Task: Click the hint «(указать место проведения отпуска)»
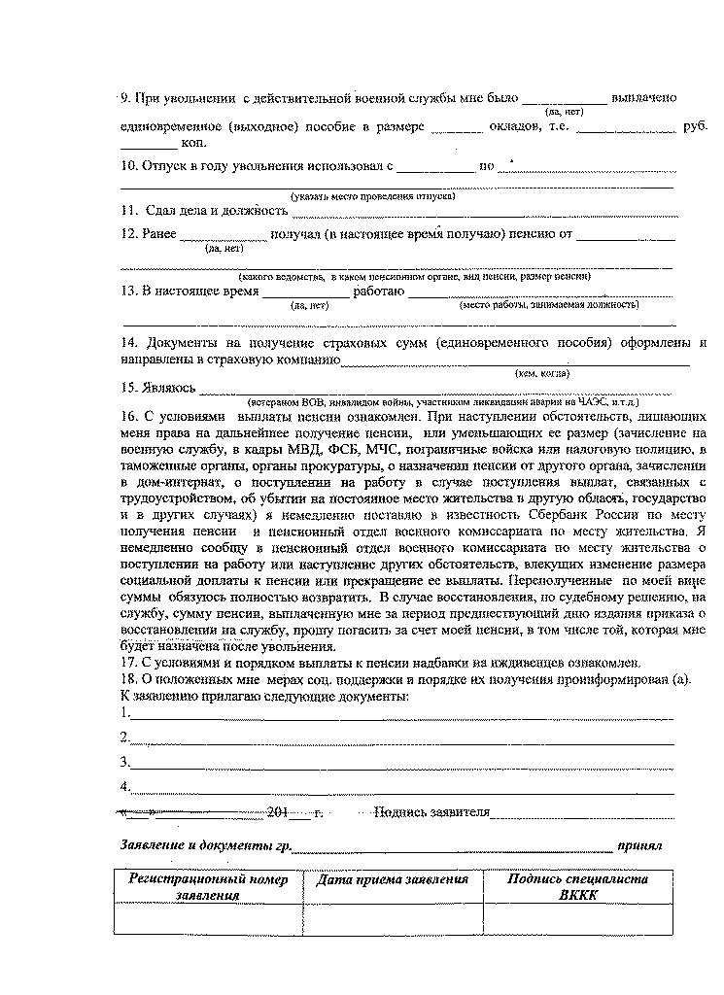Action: click(x=374, y=195)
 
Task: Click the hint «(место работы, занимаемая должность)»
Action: click(x=549, y=305)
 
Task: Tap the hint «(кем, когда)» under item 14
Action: click(x=542, y=373)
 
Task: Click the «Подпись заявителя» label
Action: click(x=431, y=812)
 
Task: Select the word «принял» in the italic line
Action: click(x=639, y=845)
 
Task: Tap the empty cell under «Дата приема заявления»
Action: click(x=393, y=918)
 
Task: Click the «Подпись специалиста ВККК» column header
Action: click(x=578, y=887)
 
